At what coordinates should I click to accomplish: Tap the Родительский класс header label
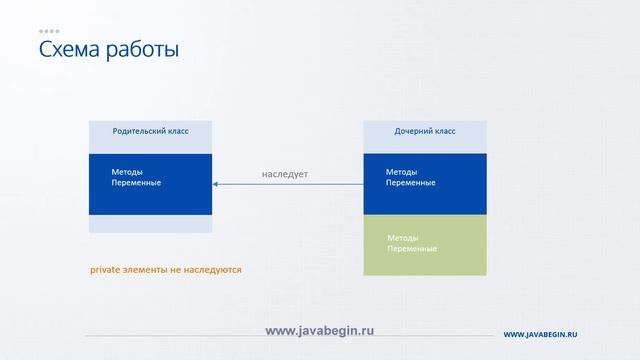coord(150,131)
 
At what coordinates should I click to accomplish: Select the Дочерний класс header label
coord(424,131)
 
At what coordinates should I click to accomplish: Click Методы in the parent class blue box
coord(128,171)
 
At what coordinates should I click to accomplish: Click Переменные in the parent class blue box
coord(136,182)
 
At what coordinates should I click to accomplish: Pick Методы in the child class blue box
coord(401,171)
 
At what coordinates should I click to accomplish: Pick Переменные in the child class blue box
coord(410,182)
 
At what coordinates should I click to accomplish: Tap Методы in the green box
coord(402,237)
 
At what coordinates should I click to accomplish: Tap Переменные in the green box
coord(411,248)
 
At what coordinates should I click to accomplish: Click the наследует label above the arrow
coord(285,174)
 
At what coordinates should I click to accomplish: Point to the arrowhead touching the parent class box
coord(216,184)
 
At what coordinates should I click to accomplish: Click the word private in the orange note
coord(106,270)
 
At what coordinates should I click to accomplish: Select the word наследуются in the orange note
coord(212,270)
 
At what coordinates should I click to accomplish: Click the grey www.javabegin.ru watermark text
coord(319,330)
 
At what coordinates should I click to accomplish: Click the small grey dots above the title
coord(48,31)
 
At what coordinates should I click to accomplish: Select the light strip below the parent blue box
coord(150,224)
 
